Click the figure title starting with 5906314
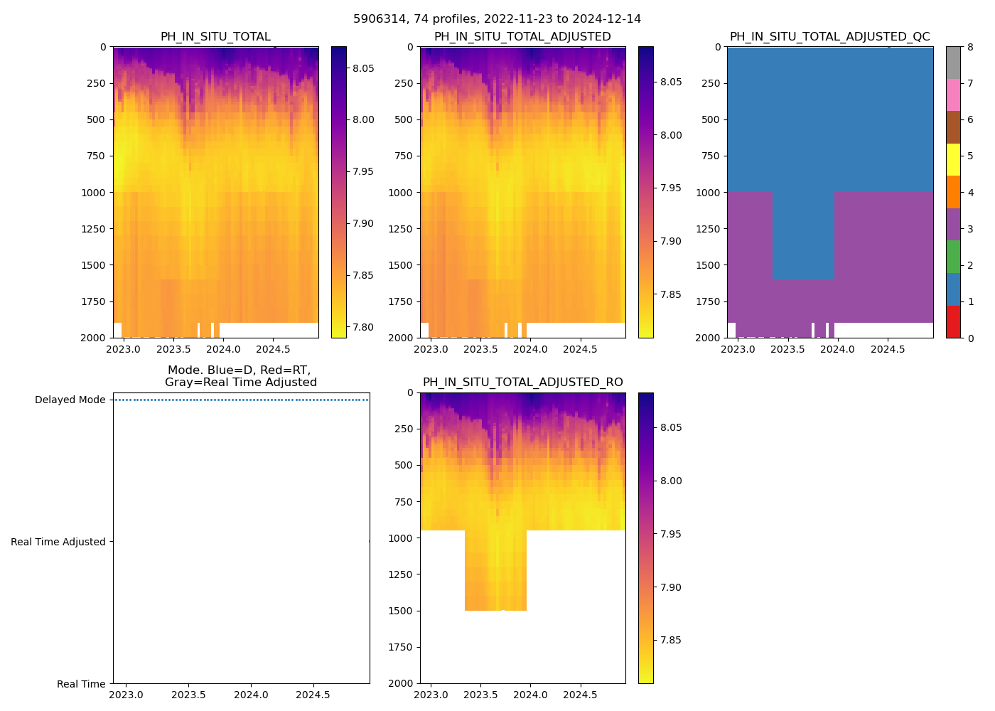click(x=497, y=19)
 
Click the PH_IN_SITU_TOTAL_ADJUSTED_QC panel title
click(x=829, y=37)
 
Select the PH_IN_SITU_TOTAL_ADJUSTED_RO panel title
click(x=522, y=383)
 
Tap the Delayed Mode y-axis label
click(x=70, y=400)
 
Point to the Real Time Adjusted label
click(x=58, y=542)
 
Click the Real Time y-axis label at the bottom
click(x=81, y=684)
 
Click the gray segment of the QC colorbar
click(x=953, y=63)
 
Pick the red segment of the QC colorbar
click(x=953, y=321)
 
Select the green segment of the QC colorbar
click(x=953, y=257)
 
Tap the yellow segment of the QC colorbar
click(x=953, y=159)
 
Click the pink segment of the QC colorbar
click(x=953, y=95)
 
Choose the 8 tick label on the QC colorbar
click(x=970, y=47)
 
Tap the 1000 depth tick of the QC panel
click(x=711, y=193)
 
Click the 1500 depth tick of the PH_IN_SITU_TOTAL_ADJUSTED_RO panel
click(x=404, y=611)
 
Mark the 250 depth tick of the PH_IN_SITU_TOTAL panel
click(x=97, y=83)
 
